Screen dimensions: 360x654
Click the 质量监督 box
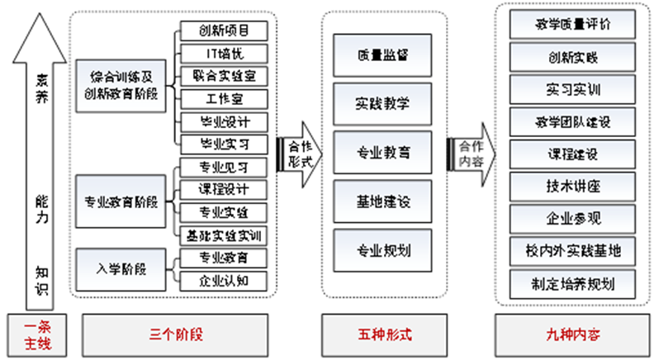pos(382,55)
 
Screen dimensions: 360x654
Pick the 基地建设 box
pos(382,201)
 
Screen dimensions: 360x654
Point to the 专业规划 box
pos(382,250)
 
